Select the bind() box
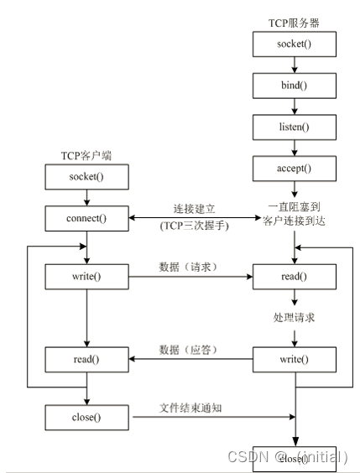point(294,85)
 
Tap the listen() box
point(294,127)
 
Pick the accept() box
point(294,169)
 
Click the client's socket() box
point(86,178)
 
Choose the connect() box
point(86,219)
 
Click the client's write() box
point(86,275)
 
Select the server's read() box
point(294,275)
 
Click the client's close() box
point(86,415)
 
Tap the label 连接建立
point(195,208)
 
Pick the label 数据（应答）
point(190,349)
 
